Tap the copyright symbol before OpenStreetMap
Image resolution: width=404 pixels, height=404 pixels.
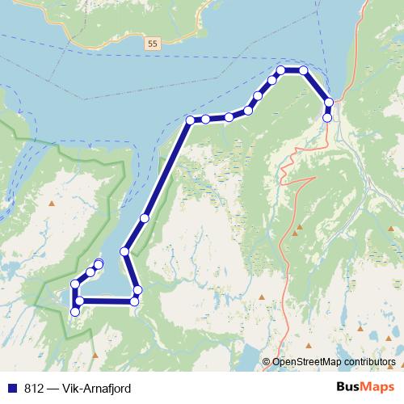point(266,362)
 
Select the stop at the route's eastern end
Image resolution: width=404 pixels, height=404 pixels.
point(327,118)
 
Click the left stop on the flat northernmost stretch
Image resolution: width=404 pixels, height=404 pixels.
point(280,70)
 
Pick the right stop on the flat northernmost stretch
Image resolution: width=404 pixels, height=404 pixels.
point(304,70)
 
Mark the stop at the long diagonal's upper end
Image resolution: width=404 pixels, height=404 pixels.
point(190,120)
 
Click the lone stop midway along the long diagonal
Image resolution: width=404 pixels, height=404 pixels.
point(145,218)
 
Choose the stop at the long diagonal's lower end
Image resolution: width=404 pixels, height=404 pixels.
point(124,252)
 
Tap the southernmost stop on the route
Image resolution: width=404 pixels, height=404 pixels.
point(75,312)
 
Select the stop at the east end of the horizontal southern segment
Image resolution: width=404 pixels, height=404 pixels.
point(134,301)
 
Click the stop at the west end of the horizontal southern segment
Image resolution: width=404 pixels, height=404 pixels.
point(79,301)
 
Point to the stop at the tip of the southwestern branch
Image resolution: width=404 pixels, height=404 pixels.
point(99,263)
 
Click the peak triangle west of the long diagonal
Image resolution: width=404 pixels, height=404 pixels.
point(53,202)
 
